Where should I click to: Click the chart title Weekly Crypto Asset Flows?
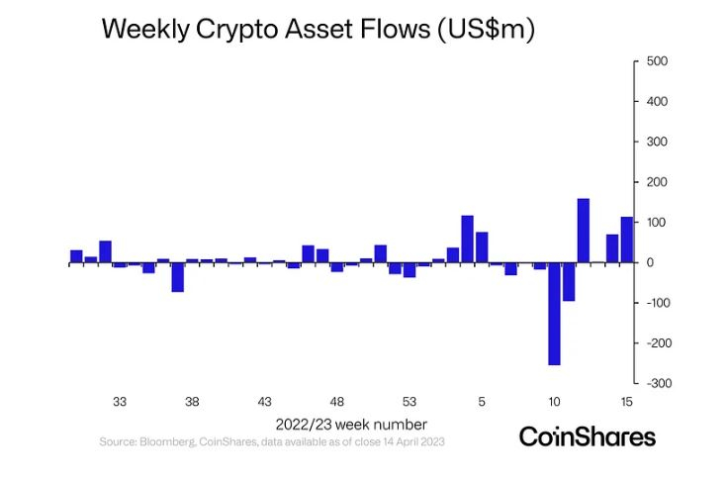point(318,29)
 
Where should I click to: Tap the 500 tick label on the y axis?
point(657,61)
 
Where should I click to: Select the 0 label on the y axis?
point(651,262)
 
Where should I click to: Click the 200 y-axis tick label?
point(657,182)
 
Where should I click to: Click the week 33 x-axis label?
point(119,402)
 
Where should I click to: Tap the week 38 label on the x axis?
point(192,402)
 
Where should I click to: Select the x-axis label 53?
point(409,402)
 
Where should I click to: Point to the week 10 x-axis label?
point(554,402)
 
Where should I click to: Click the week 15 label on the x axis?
point(626,402)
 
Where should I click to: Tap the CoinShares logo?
point(587,436)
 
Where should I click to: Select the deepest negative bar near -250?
point(554,314)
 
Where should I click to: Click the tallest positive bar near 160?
point(583,231)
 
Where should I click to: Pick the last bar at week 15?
point(626,240)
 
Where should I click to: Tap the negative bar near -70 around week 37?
point(177,277)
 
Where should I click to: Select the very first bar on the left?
point(76,256)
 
